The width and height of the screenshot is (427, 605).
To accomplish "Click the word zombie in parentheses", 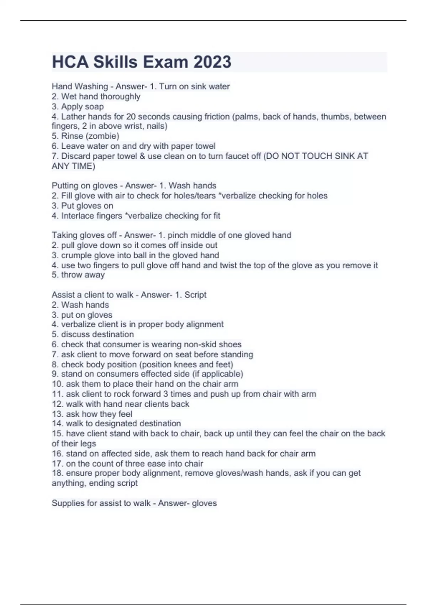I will pos(104,136).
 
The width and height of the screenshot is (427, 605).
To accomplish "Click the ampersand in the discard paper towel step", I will pos(142,156).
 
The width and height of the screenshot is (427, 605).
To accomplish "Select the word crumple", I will pos(77,255).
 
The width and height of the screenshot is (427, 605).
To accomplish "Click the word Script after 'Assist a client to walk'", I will pos(195,295).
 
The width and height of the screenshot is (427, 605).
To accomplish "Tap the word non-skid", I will pos(200,344).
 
